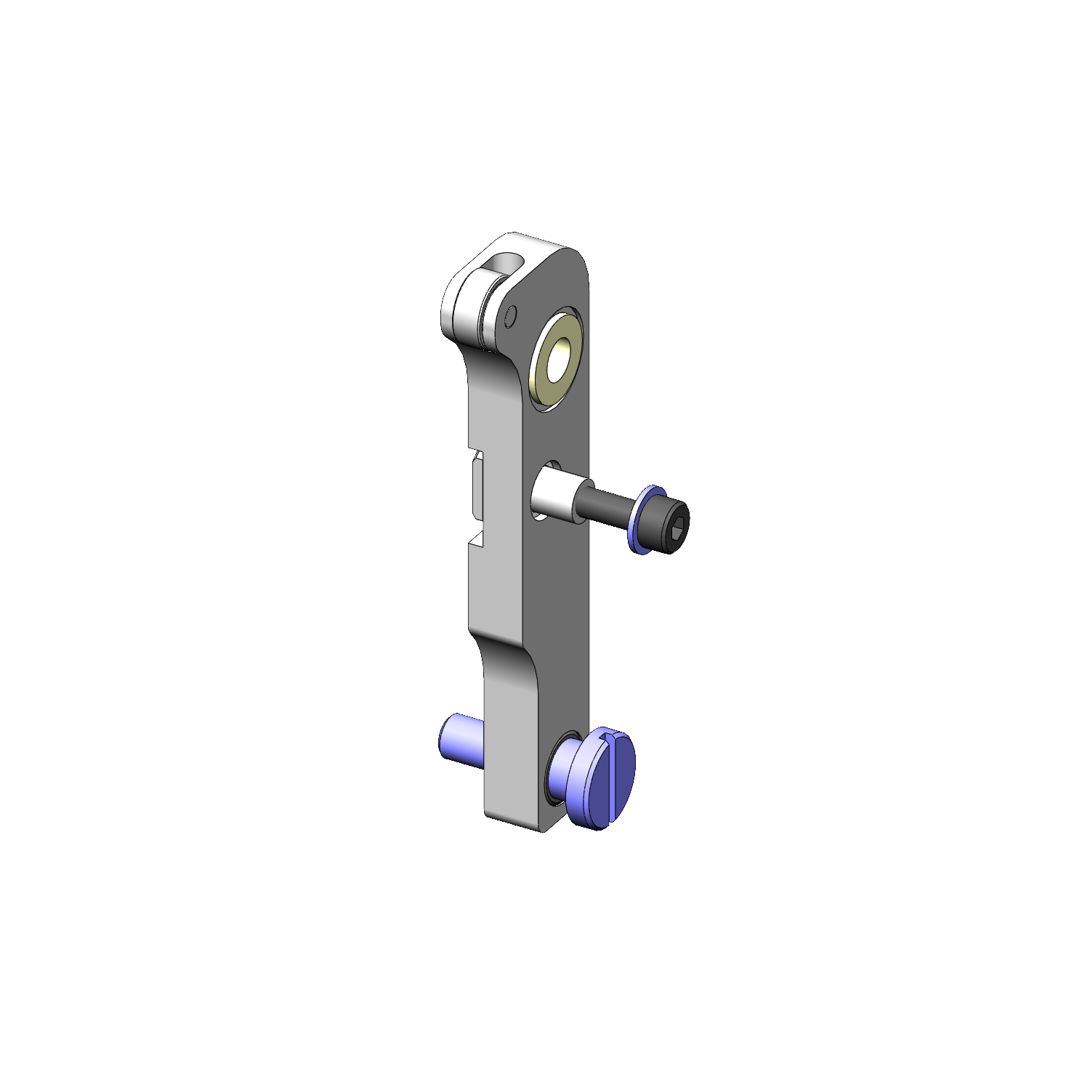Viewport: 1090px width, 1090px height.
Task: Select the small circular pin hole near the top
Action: point(510,316)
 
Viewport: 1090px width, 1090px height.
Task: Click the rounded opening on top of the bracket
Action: point(503,262)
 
